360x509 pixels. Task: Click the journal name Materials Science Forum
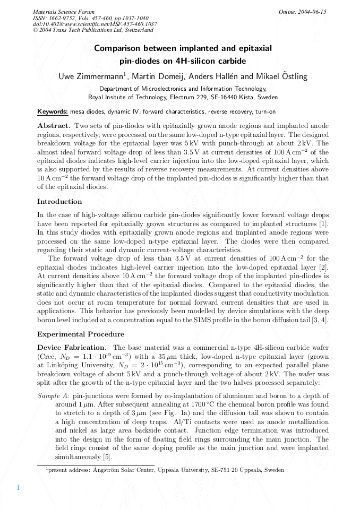pyautogui.click(x=64, y=12)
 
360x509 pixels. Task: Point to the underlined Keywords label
pyautogui.click(x=53, y=112)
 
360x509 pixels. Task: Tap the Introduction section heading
pyautogui.click(x=59, y=202)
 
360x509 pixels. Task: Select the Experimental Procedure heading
pyautogui.click(x=81, y=334)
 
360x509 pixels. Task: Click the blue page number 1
pyautogui.click(x=18, y=488)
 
